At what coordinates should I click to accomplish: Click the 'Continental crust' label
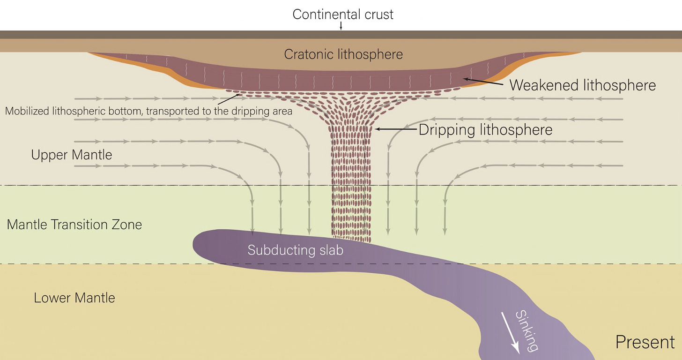[343, 14]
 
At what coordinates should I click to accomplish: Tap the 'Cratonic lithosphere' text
[343, 54]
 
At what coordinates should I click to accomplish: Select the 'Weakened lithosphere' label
[582, 85]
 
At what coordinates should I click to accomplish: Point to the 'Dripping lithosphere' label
[485, 129]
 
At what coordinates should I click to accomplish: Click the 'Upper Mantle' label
[72, 155]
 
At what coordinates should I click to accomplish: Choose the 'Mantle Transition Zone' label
[74, 225]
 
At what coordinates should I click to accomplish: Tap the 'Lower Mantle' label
[74, 298]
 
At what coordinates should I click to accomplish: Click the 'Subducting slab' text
[295, 250]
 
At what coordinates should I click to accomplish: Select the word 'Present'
[645, 342]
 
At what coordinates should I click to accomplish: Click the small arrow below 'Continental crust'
[341, 26]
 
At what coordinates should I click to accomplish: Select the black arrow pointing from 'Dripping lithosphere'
[396, 129]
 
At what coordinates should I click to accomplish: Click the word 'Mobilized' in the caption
[26, 112]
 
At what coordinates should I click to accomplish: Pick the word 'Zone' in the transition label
[125, 225]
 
